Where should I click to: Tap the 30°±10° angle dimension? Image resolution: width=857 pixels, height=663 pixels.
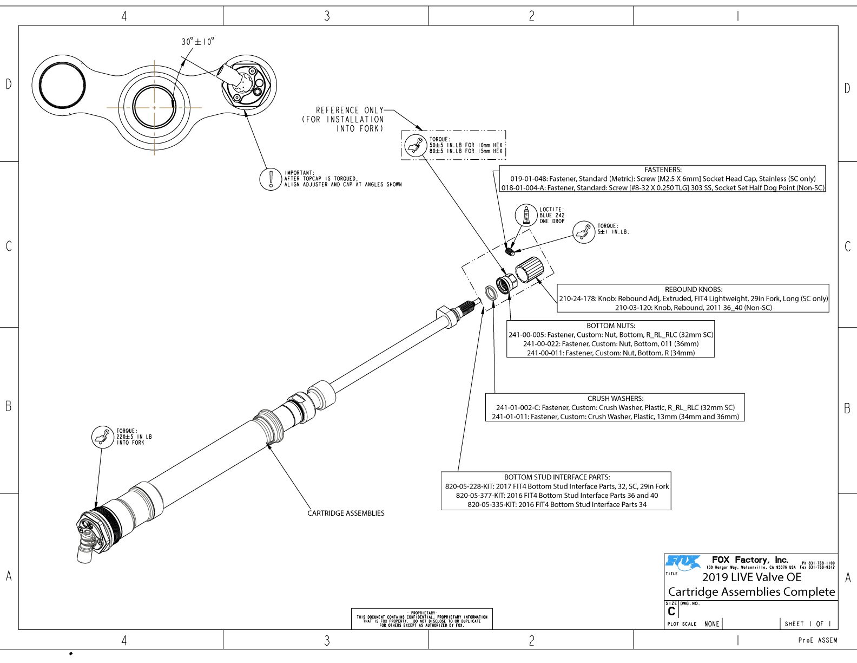(x=197, y=42)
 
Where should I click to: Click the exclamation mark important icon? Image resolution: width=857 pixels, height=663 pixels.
(x=270, y=179)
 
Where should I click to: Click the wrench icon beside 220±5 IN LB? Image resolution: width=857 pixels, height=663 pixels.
(x=102, y=437)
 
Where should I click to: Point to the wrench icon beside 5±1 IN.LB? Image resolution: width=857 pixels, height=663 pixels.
(x=584, y=232)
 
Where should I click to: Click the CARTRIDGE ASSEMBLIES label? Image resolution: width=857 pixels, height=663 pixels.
(x=346, y=513)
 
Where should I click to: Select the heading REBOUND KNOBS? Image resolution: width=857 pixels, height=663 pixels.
(x=693, y=289)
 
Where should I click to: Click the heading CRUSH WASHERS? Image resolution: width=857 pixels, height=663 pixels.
(x=615, y=398)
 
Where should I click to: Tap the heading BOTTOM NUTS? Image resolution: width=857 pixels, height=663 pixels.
(x=611, y=326)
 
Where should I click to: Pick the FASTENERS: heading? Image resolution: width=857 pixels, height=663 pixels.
(x=663, y=170)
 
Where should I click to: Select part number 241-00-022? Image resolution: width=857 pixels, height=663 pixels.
(x=543, y=343)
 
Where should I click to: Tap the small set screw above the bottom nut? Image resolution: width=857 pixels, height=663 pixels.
(x=510, y=251)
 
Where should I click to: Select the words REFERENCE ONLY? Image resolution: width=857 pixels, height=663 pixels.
(x=350, y=110)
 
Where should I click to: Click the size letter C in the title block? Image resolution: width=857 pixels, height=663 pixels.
(x=671, y=611)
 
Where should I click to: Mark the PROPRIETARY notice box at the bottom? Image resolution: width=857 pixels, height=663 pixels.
(x=421, y=619)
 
